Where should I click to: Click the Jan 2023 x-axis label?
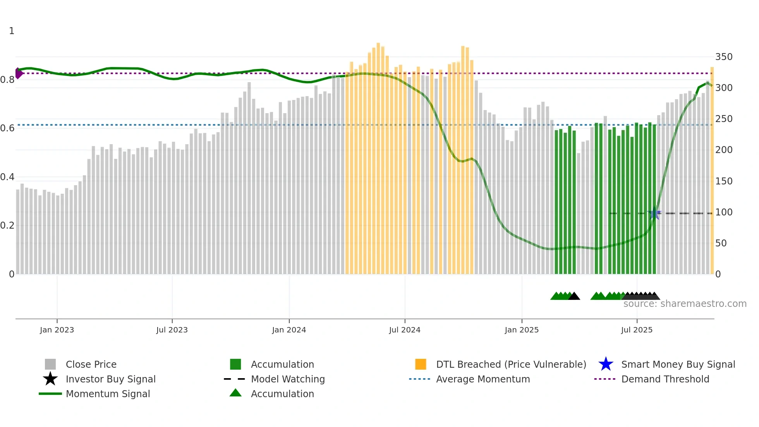(57, 330)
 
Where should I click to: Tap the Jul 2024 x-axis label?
(405, 330)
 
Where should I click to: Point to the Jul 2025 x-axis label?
(637, 330)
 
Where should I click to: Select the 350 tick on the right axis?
(724, 57)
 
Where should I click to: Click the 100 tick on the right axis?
(724, 212)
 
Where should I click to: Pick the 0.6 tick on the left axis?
(7, 128)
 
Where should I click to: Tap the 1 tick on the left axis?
(12, 31)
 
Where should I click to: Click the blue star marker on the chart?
(654, 213)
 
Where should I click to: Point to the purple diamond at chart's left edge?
(18, 73)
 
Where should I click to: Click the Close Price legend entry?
(91, 364)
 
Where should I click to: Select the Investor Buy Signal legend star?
(50, 379)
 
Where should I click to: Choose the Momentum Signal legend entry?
(108, 394)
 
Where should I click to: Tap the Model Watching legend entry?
(288, 379)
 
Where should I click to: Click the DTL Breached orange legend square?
(421, 364)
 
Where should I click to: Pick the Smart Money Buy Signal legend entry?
(678, 364)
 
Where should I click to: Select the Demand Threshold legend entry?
(665, 379)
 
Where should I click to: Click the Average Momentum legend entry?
(483, 379)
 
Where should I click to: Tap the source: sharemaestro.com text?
(685, 304)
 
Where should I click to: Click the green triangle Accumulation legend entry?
(282, 394)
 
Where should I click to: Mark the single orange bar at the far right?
(712, 170)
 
